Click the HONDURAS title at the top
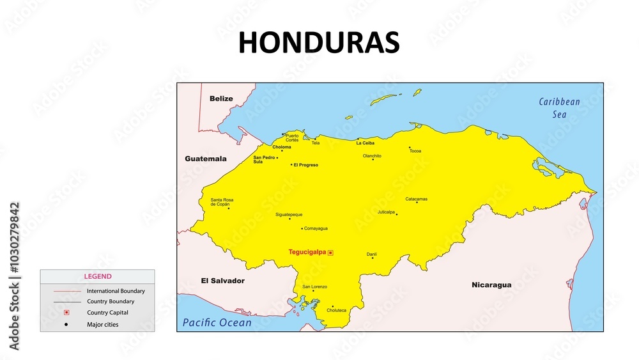[x=319, y=43]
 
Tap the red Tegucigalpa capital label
[x=307, y=253]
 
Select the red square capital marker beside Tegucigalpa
[x=330, y=253]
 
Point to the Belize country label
[x=221, y=98]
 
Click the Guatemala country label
[x=206, y=159]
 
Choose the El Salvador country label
[x=222, y=281]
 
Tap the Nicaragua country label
[x=491, y=285]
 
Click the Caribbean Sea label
[x=559, y=108]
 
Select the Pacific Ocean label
[x=217, y=323]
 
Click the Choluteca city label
[x=336, y=311]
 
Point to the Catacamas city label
[x=416, y=199]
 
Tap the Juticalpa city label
[x=386, y=212]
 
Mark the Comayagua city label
[x=316, y=228]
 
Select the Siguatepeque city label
[x=289, y=215]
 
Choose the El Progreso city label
[x=305, y=165]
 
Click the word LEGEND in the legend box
[x=98, y=276]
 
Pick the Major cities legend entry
[x=102, y=324]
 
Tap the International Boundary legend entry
[x=116, y=291]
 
